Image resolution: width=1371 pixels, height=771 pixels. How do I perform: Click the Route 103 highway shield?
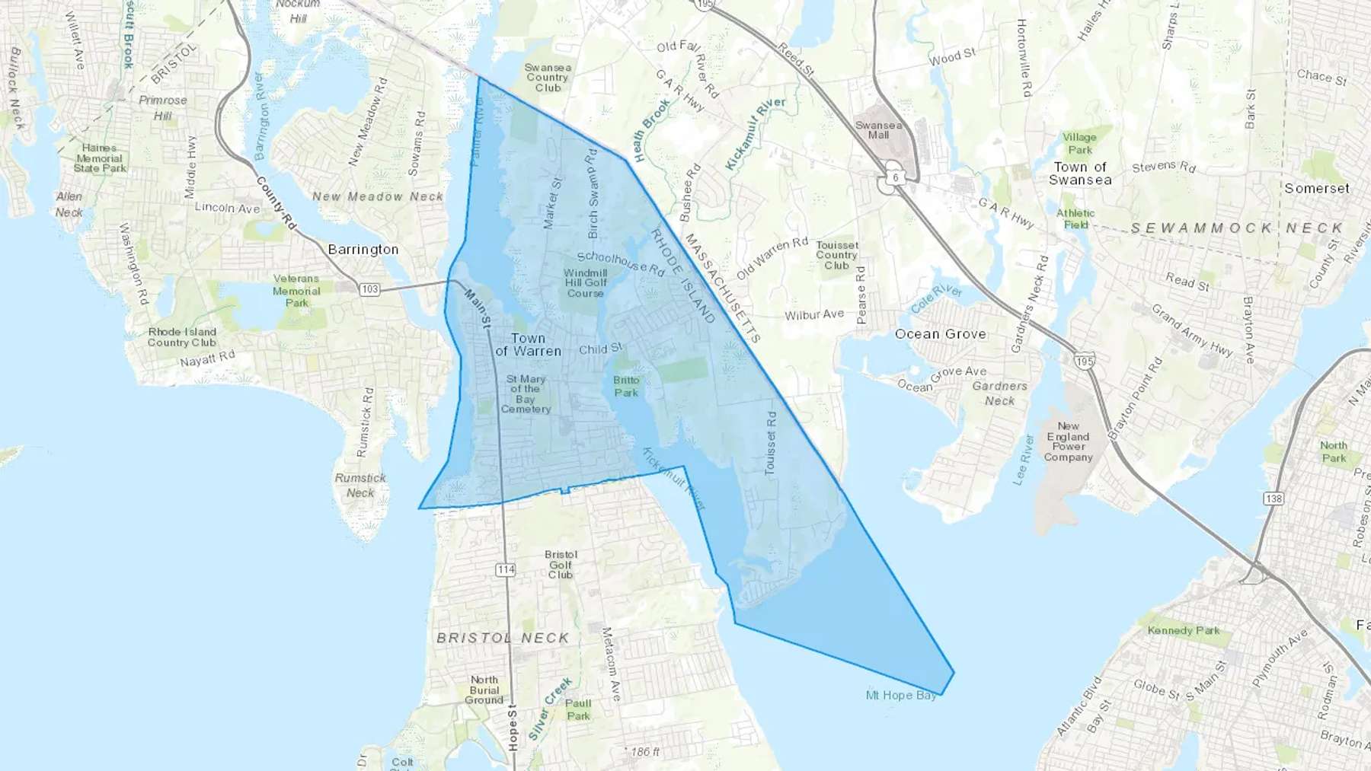[x=369, y=289]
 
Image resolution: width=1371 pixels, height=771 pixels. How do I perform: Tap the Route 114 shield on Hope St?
[x=506, y=569]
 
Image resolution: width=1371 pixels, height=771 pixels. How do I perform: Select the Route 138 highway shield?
[x=1273, y=499]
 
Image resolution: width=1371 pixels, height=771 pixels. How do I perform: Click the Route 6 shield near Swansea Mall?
[x=896, y=177]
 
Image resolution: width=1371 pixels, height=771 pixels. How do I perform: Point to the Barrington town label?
[x=363, y=250]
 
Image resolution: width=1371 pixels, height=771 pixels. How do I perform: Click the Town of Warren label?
[x=528, y=345]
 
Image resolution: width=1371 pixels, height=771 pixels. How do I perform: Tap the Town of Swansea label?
[x=1080, y=174]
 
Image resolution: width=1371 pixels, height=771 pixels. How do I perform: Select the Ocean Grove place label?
[x=941, y=334]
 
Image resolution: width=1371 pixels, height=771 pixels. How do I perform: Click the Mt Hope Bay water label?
[x=901, y=696]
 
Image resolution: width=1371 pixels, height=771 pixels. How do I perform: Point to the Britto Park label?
[x=626, y=387]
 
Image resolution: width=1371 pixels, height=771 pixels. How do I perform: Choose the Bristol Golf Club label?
[x=561, y=565]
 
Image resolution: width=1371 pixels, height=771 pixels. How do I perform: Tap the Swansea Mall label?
[x=878, y=130]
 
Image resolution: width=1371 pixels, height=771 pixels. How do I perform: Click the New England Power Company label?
[x=1068, y=442]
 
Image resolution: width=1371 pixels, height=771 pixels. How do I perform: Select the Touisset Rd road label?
[x=771, y=444]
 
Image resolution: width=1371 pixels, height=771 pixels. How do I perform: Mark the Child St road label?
[x=600, y=349]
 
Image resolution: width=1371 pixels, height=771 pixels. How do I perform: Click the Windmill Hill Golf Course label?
[x=586, y=283]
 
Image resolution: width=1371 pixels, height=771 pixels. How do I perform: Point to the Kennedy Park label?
[x=1184, y=631]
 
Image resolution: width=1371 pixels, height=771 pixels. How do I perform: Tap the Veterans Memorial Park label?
[x=296, y=291]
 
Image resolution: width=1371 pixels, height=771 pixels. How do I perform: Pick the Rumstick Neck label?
[x=360, y=486]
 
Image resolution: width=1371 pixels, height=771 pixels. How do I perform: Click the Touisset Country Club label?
[x=837, y=256]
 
